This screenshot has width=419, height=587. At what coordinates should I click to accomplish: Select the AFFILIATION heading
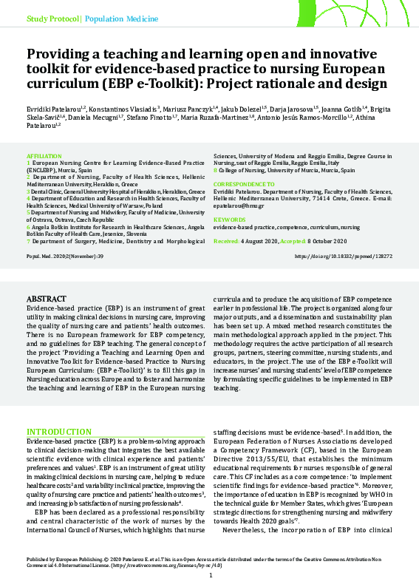43,157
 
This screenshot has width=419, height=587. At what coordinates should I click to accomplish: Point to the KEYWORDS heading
229,220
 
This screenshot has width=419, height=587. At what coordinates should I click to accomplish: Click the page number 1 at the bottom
210,576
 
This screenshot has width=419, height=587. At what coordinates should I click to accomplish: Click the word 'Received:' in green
226,241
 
